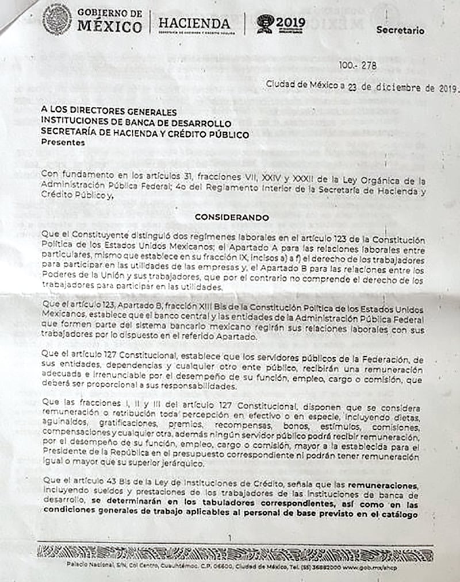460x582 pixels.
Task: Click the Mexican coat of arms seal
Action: pos(57,19)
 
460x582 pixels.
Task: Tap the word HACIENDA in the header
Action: pos(194,23)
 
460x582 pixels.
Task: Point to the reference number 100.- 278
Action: pos(358,65)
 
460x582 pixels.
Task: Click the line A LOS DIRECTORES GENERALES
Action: pos(109,113)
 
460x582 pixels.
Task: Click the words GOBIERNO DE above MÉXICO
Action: pos(109,13)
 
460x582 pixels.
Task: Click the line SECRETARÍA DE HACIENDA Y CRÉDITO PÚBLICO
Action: pos(145,134)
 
